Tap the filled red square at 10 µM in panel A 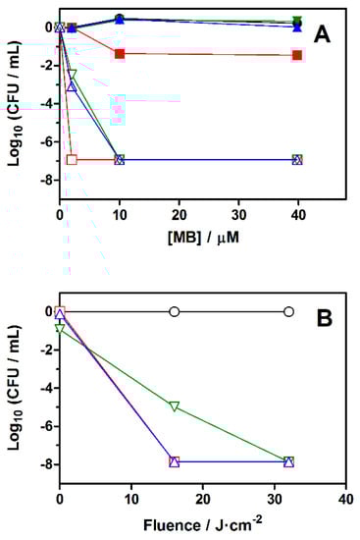120,54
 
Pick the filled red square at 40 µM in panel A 297,55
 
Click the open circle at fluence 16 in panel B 174,311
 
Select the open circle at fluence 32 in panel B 288,311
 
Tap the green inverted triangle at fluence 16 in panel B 174,405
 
